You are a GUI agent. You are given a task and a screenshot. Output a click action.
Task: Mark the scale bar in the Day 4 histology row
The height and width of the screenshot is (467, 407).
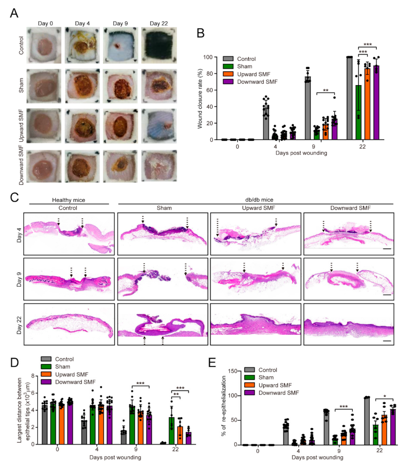tap(386, 246)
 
